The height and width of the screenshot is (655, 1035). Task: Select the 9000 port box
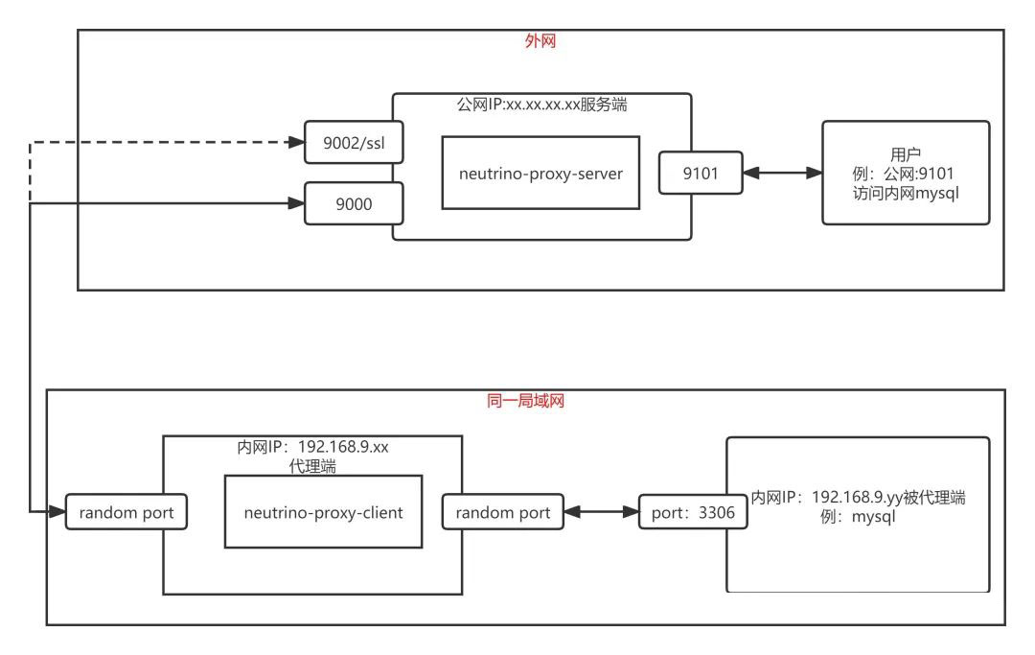[352, 203]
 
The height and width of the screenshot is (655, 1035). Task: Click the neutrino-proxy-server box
[540, 173]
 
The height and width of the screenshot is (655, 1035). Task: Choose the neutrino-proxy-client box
[323, 512]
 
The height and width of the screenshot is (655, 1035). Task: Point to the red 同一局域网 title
[526, 402]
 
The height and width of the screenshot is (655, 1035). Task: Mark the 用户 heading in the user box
[906, 153]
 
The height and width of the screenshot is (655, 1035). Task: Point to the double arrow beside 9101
[783, 174]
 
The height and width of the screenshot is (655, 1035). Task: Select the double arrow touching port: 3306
[602, 513]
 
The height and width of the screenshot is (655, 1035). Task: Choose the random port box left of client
[126, 512]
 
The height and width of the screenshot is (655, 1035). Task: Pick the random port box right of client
[503, 512]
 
